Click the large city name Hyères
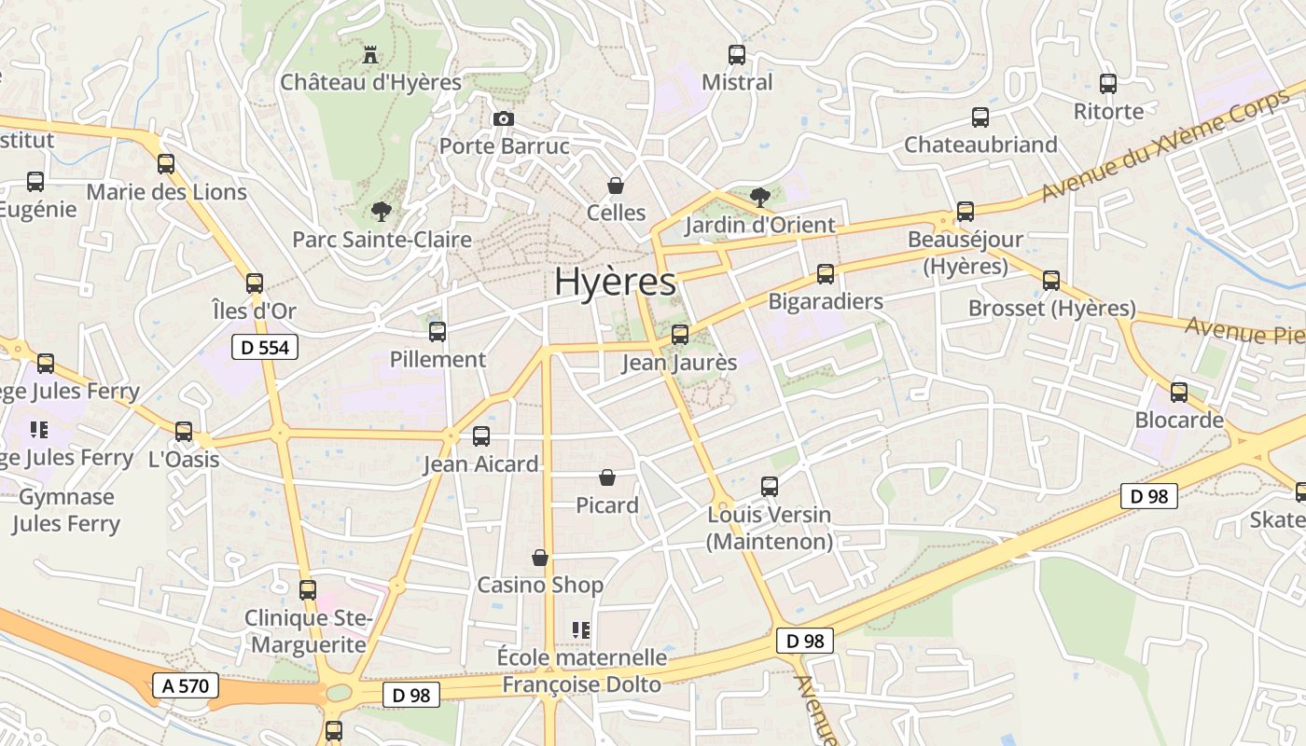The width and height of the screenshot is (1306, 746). pos(615,282)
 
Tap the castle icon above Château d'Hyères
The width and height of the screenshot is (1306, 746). pos(370,55)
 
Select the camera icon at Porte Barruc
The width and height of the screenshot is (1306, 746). pos(503,118)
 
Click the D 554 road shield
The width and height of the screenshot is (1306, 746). pos(264,348)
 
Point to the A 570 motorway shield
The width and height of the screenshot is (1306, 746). pos(186,686)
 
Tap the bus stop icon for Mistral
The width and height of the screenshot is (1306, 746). pos(737,55)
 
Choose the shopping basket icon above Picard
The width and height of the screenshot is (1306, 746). pos(607,478)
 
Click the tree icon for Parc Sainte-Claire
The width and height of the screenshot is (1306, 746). pos(381,212)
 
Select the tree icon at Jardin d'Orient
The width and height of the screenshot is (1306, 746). pos(760,197)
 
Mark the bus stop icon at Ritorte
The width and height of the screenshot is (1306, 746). pos(1108,84)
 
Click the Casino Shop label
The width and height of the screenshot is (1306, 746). pos(540,585)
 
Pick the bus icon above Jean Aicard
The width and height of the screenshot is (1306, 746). pos(481,435)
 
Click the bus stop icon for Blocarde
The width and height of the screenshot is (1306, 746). pos(1179,393)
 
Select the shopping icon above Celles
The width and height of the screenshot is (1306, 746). pos(616,186)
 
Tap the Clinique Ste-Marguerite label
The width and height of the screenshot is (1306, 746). pos(309,631)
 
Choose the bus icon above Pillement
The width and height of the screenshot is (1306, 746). pos(438,331)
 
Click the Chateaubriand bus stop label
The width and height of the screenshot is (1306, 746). pos(980,145)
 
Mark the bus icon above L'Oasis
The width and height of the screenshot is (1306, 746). pos(184,432)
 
